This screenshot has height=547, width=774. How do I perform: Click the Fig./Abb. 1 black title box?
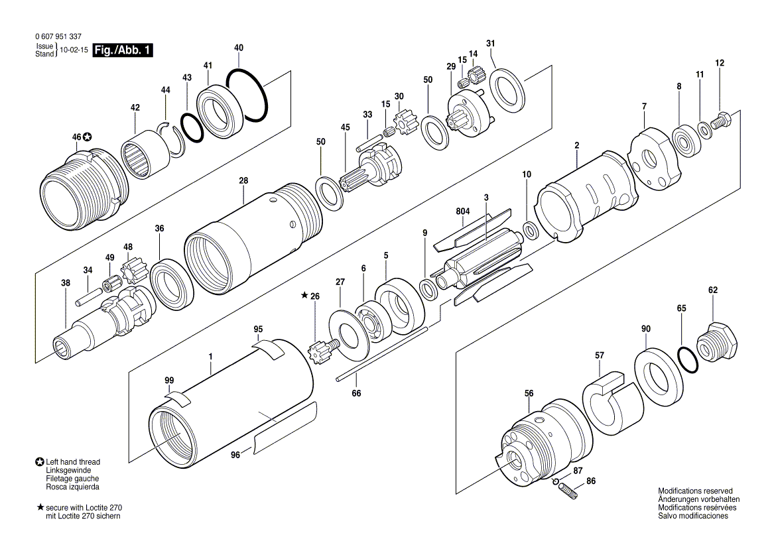tap(123, 50)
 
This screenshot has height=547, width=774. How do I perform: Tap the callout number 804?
tap(462, 212)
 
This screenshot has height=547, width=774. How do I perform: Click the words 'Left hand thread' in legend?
tap(73, 462)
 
